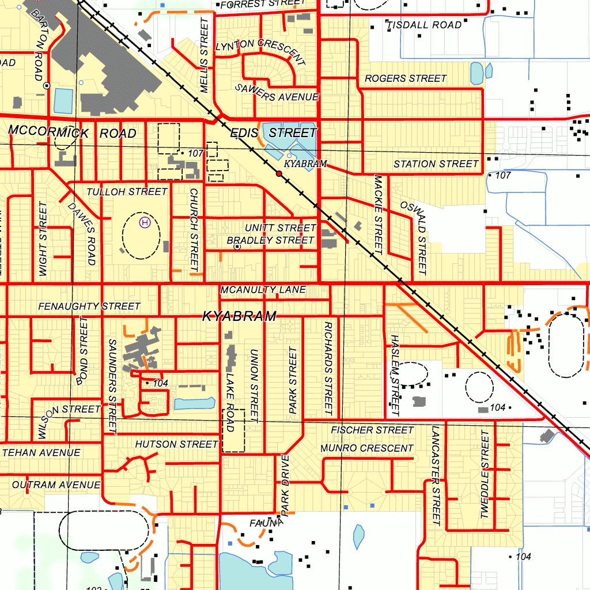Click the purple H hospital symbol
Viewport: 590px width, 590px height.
tap(144, 221)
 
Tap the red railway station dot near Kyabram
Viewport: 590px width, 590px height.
tap(279, 173)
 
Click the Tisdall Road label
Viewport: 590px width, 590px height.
tap(424, 25)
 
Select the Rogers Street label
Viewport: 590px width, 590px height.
tap(406, 78)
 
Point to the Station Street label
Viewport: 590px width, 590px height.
tap(436, 164)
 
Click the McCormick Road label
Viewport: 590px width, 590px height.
tap(73, 133)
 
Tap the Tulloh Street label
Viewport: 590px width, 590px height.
tap(127, 191)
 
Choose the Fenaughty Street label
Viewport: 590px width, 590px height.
tap(89, 307)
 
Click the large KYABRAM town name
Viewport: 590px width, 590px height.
tap(239, 316)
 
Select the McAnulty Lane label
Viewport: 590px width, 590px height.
tap(263, 290)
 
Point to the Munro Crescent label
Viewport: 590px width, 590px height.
tap(367, 448)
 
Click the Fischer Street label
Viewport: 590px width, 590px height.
tap(372, 430)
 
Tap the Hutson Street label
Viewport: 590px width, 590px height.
tap(177, 444)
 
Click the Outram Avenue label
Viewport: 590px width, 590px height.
tap(56, 485)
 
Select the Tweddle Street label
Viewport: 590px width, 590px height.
tap(485, 475)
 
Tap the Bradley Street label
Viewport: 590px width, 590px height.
tap(271, 240)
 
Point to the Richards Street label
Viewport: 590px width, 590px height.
tap(328, 368)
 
